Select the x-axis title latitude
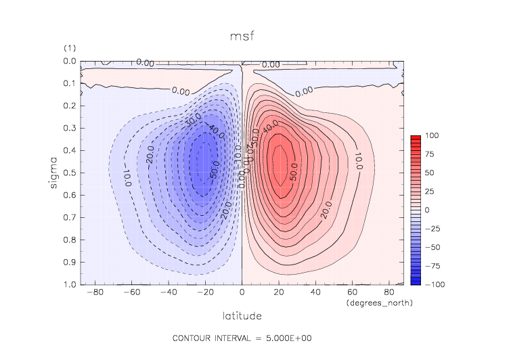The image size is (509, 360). coord(242,315)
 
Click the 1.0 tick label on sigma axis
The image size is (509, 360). coord(70,285)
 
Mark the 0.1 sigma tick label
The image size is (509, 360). coord(70,83)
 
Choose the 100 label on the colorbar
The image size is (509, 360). coord(433,137)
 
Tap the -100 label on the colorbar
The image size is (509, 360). coord(434,285)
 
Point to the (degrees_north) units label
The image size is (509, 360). coord(379,303)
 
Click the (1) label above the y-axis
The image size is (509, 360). coord(69,49)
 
